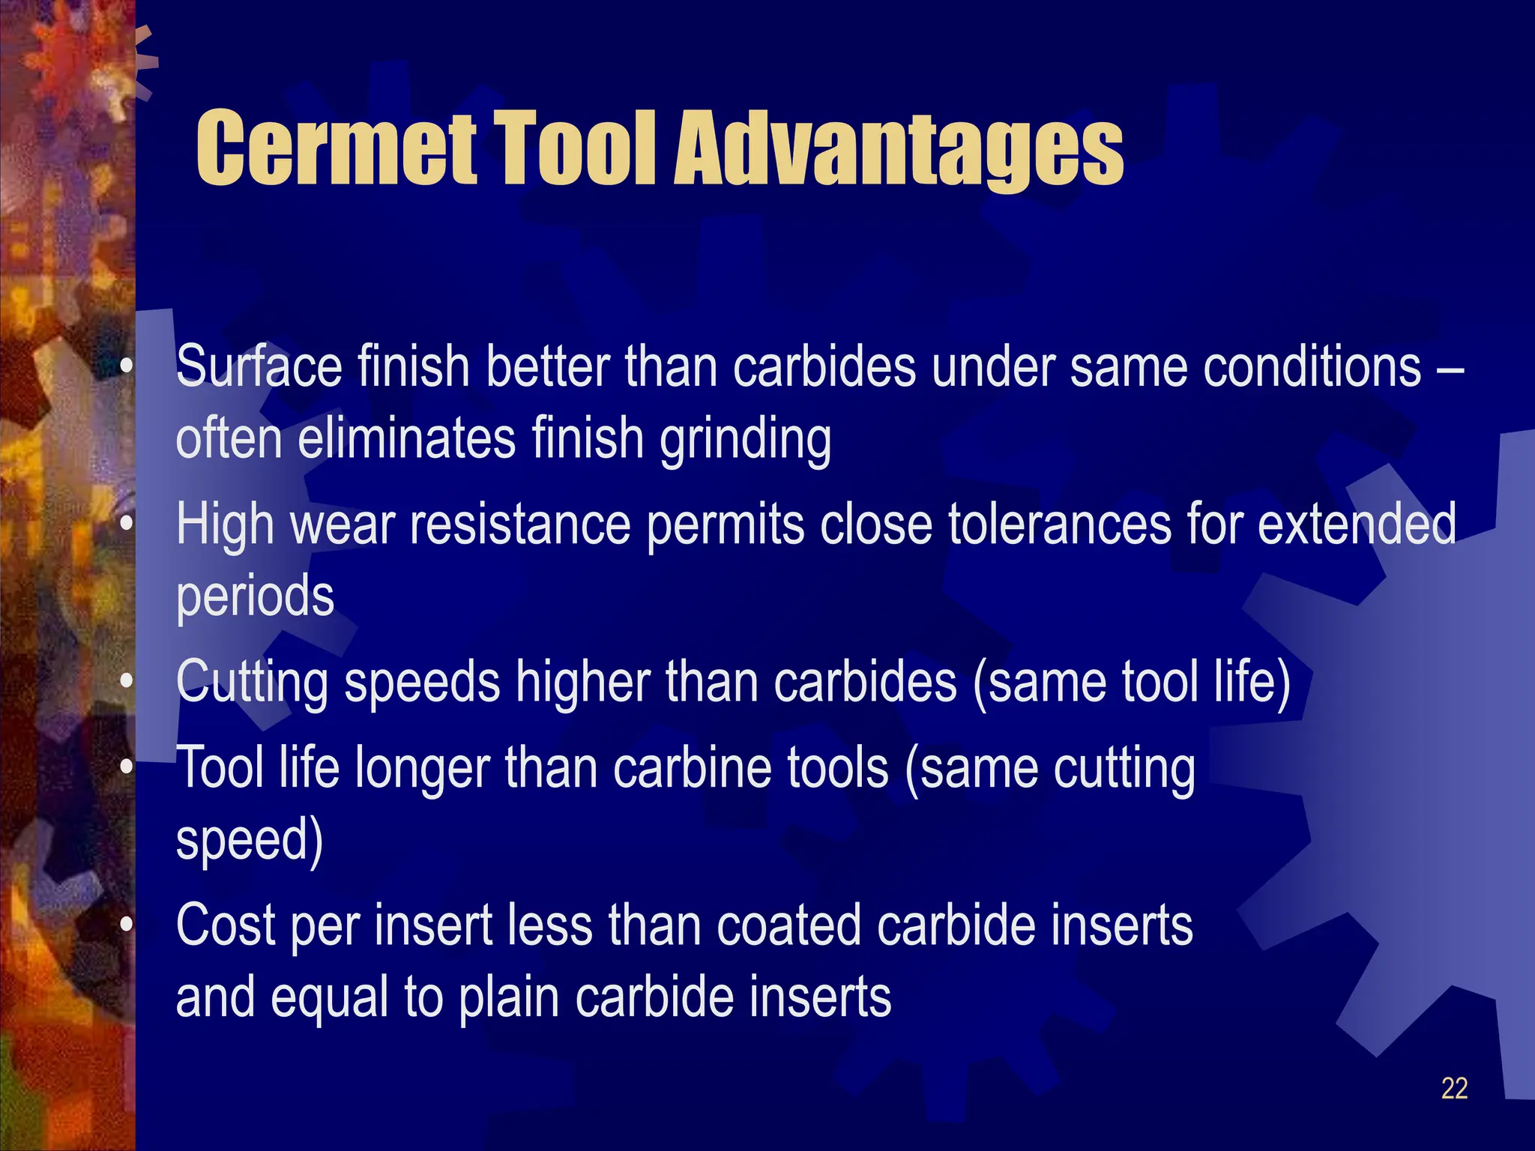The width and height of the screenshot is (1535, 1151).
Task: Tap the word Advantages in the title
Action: (x=899, y=150)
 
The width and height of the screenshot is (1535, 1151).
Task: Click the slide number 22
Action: (x=1454, y=1088)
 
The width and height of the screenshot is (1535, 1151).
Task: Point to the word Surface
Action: (x=259, y=366)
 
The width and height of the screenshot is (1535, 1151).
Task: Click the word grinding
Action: (x=745, y=441)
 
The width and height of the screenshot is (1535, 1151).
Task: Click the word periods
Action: (x=255, y=598)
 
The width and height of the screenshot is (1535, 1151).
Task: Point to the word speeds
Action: (x=421, y=683)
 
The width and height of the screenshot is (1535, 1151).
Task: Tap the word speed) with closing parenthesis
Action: (x=250, y=841)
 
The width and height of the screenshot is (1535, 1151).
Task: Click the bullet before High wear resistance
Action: (x=127, y=522)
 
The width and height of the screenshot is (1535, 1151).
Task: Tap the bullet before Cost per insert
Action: (x=127, y=925)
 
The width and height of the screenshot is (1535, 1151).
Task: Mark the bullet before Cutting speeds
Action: (x=127, y=681)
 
